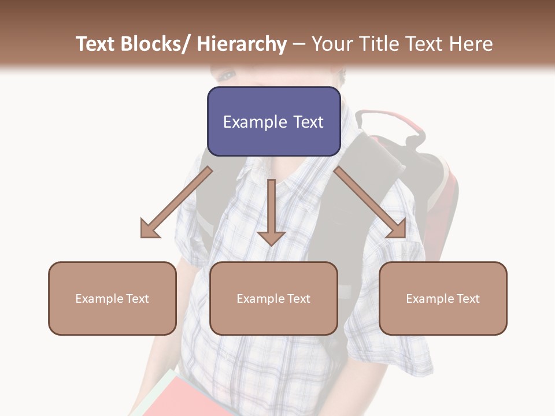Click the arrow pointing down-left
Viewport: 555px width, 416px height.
(177, 202)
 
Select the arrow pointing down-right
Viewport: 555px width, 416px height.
(370, 202)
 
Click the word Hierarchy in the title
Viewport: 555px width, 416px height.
(242, 44)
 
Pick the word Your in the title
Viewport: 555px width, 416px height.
(331, 44)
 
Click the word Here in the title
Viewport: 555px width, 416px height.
(472, 44)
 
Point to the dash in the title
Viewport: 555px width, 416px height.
(299, 44)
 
